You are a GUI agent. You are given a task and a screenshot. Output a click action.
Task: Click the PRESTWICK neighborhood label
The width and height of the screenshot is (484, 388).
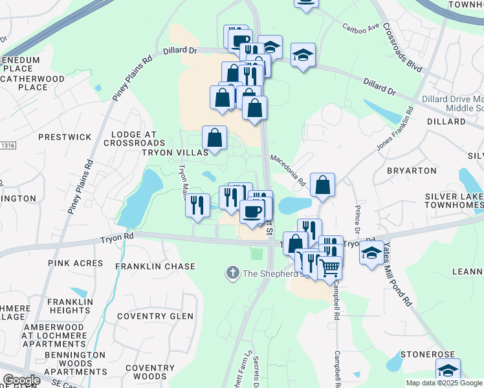click(x=65, y=137)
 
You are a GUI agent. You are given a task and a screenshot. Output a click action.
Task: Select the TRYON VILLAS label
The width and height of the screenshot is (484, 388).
click(x=175, y=153)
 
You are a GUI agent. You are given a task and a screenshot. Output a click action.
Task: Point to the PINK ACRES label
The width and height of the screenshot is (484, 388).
click(x=75, y=263)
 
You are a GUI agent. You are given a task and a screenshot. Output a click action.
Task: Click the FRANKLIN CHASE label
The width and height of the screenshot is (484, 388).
click(x=155, y=266)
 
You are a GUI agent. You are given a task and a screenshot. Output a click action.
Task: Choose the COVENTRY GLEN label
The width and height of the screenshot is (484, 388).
click(x=155, y=316)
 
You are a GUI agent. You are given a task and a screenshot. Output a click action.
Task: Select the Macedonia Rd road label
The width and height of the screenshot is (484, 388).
click(x=288, y=170)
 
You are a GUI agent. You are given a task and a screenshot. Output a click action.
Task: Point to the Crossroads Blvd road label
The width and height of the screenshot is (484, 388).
click(x=402, y=49)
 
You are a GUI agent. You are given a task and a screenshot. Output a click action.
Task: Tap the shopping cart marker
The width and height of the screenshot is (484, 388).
click(x=330, y=266)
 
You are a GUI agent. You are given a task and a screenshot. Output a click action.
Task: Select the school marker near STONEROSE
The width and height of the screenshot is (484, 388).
click(x=448, y=371)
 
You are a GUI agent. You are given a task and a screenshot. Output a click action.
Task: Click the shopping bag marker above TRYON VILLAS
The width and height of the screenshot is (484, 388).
click(x=214, y=138)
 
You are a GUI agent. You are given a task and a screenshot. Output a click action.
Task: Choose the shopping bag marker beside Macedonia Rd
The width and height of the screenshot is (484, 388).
click(x=322, y=186)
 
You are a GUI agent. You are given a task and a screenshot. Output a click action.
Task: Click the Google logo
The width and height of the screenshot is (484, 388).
click(x=21, y=380)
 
